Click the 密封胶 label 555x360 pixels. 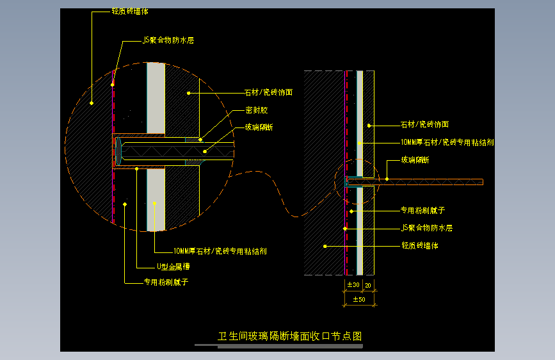click(x=256, y=110)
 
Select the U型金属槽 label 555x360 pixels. click(x=173, y=266)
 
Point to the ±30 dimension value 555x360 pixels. click(x=353, y=284)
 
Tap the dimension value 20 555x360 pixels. click(x=369, y=284)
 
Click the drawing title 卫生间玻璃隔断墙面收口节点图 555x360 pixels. click(x=291, y=336)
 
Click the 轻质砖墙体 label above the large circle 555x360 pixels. click(x=130, y=12)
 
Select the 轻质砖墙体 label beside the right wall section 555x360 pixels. click(x=420, y=245)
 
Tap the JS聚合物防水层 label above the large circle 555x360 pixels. click(x=168, y=40)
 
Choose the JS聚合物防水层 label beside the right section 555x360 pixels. click(x=426, y=227)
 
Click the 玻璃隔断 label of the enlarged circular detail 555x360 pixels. click(x=259, y=127)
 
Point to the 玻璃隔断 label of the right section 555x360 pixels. click(x=415, y=160)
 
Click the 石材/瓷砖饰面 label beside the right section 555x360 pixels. click(x=424, y=124)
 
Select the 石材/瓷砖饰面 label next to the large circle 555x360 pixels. click(x=269, y=92)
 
